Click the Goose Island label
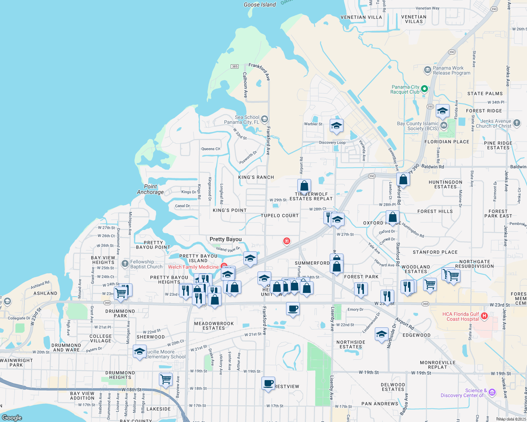pyautogui.click(x=260, y=5)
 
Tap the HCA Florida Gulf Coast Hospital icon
pyautogui.click(x=484, y=316)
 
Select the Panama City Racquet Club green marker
pyautogui.click(x=424, y=89)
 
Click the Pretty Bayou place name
pyautogui.click(x=225, y=239)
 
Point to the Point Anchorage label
pyautogui.click(x=150, y=189)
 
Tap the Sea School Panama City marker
pyautogui.click(x=265, y=119)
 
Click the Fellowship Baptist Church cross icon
pyautogui.click(x=125, y=264)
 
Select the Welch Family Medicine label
pyautogui.click(x=193, y=267)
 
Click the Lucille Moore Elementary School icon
pyautogui.click(x=139, y=351)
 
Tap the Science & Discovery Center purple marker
pyautogui.click(x=492, y=392)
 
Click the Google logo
pyautogui.click(x=12, y=417)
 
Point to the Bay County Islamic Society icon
pyautogui.click(x=444, y=125)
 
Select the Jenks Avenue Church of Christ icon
pyautogui.click(x=516, y=123)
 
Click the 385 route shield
pyautogui.click(x=235, y=66)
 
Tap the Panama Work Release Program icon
pyautogui.click(x=428, y=70)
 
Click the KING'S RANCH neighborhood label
pyautogui.click(x=256, y=177)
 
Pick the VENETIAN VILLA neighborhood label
pyautogui.click(x=361, y=17)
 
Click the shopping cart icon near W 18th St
pyautogui.click(x=166, y=379)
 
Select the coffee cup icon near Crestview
pyautogui.click(x=268, y=383)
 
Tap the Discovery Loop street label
pyautogui.click(x=332, y=142)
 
